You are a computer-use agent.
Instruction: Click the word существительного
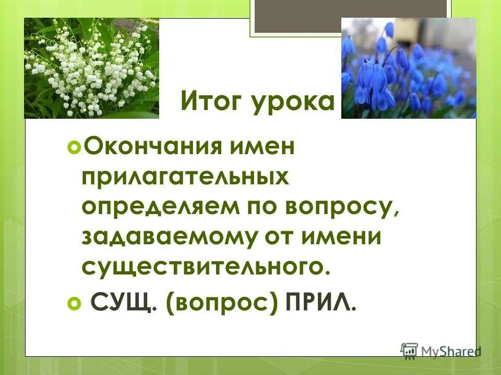coord(206,266)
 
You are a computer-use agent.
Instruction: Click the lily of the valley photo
coord(91,68)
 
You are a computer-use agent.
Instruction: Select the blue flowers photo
coord(408,68)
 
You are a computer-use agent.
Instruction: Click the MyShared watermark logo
coord(441,351)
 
